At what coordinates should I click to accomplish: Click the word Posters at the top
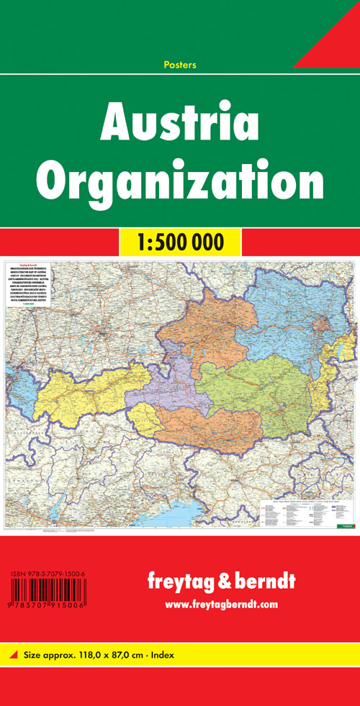(x=180, y=65)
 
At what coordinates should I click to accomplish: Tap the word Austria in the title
(x=180, y=123)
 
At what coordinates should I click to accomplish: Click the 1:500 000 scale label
(x=180, y=242)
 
